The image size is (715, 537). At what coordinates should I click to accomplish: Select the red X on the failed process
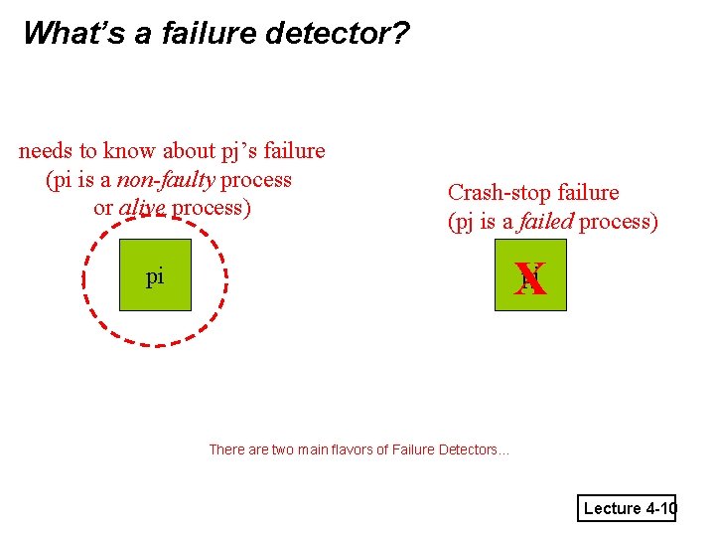click(x=530, y=278)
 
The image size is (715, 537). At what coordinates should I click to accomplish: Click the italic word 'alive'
click(x=142, y=208)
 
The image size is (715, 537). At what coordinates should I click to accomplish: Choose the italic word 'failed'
click(x=546, y=221)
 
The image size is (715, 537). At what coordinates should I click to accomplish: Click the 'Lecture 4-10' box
click(x=629, y=508)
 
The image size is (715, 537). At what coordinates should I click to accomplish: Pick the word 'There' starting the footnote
click(x=227, y=449)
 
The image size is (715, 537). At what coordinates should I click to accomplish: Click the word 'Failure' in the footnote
click(x=414, y=449)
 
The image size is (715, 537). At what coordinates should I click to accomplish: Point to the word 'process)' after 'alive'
click(x=212, y=208)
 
